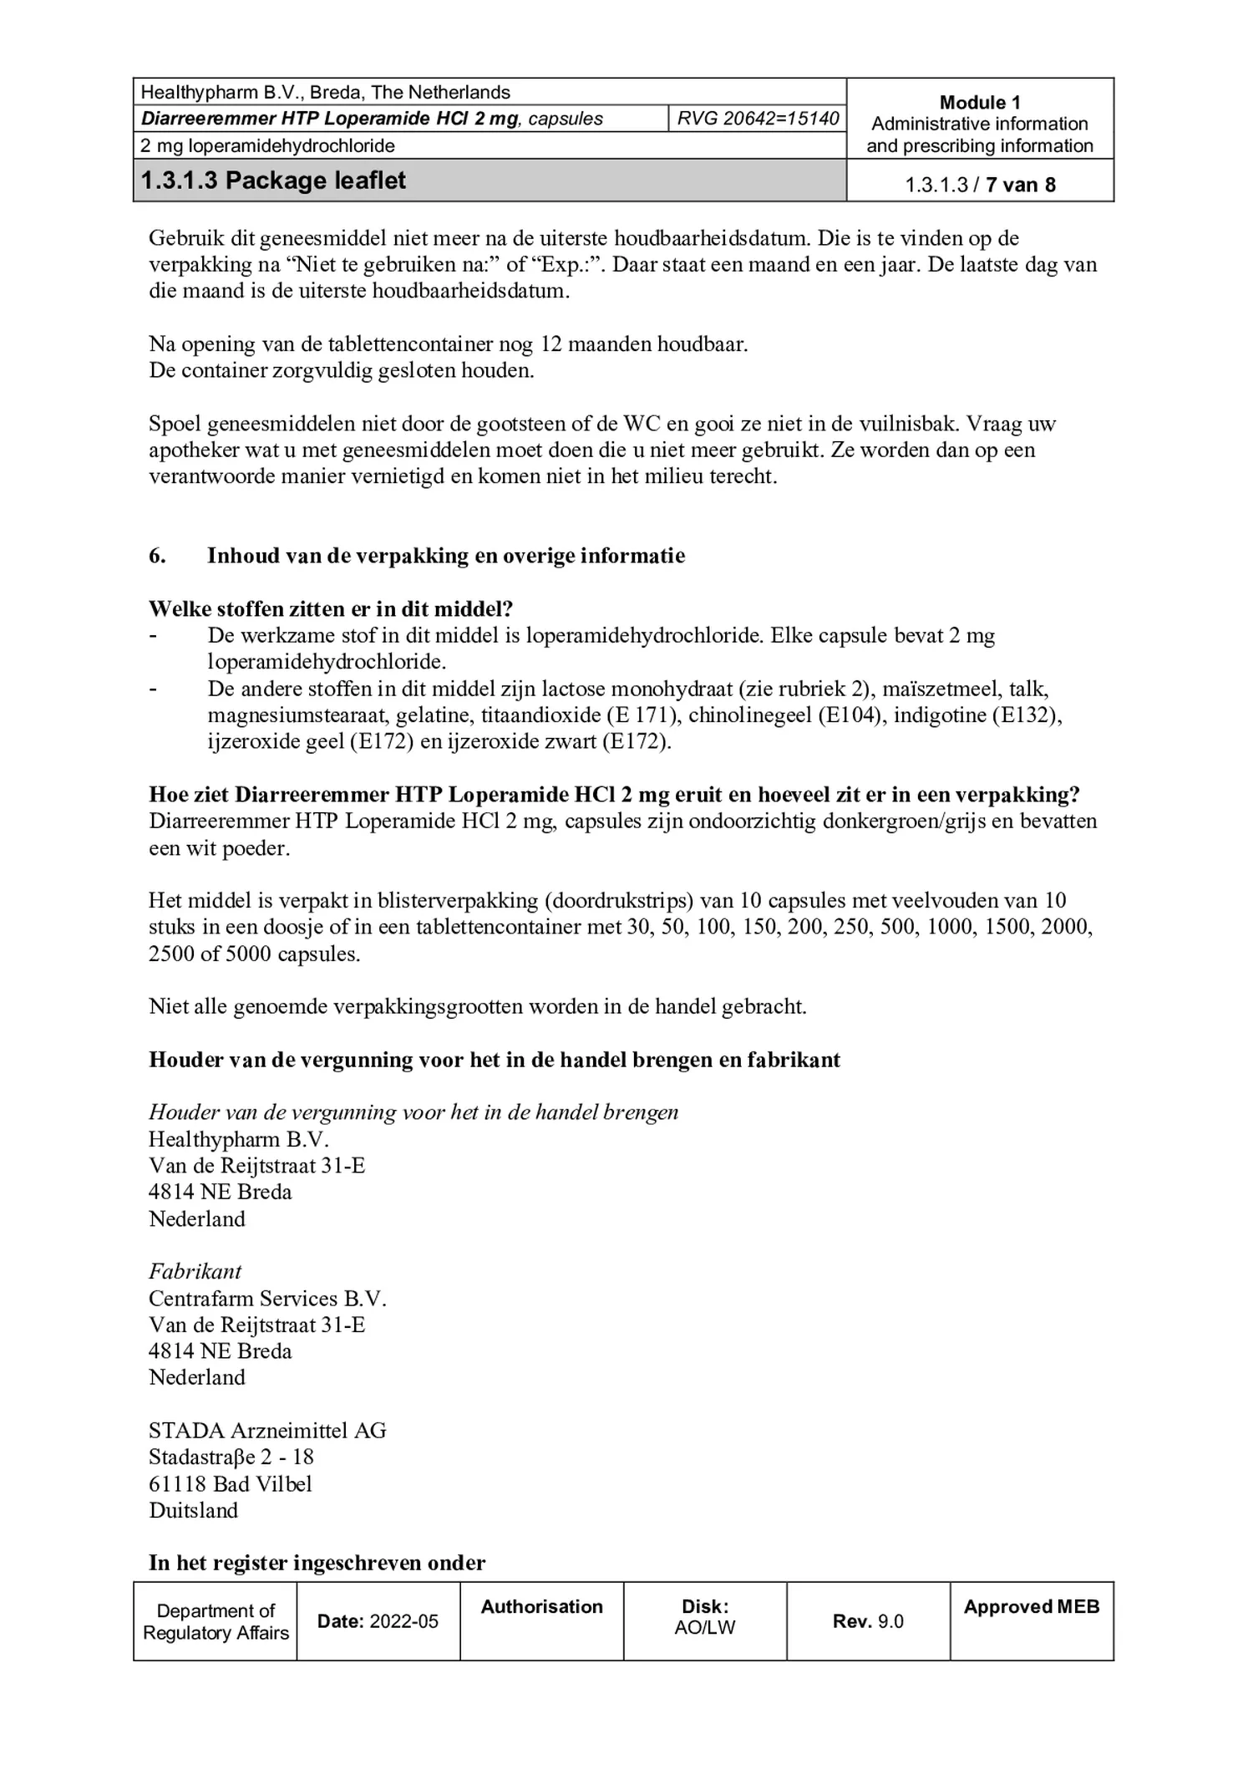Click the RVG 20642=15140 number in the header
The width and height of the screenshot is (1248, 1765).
coord(757,119)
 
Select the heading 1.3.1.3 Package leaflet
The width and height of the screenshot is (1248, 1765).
coord(273,181)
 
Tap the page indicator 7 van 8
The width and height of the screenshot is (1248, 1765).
coord(1020,185)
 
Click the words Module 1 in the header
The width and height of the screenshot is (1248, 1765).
coord(979,103)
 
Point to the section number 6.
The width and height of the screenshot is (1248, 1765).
coord(157,556)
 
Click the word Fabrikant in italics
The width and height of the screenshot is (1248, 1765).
coord(195,1271)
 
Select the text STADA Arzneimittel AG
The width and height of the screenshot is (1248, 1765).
coord(267,1430)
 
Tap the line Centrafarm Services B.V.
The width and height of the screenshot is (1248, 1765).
coord(267,1298)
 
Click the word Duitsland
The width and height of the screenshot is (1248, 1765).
coord(193,1510)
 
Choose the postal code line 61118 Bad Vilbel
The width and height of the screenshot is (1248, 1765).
coord(231,1483)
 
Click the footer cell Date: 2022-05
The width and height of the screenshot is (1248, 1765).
coord(378,1621)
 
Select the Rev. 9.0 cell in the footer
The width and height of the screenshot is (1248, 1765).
coord(868,1621)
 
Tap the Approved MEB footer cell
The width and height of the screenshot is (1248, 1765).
coord(1031,1606)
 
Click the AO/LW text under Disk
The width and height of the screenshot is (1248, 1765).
coord(704,1627)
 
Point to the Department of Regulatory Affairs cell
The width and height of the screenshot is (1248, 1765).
coord(216,1621)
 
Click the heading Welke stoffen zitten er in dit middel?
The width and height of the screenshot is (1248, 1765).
coord(331,608)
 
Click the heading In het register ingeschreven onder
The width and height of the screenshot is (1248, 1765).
coord(317,1562)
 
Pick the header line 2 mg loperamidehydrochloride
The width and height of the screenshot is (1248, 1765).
coord(267,145)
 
